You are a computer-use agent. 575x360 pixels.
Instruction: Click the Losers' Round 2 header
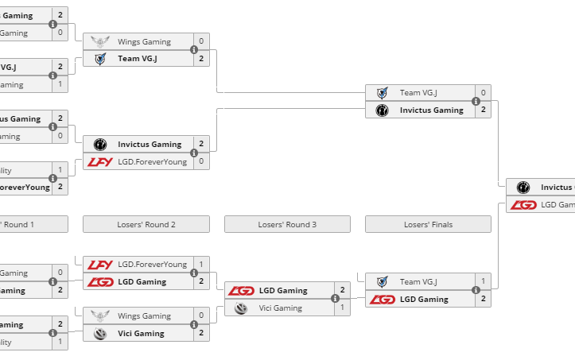(146, 224)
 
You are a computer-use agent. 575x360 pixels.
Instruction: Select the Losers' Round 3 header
(287, 224)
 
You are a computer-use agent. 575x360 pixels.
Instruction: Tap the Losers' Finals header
(428, 224)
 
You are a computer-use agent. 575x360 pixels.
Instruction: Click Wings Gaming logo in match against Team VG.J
(99, 41)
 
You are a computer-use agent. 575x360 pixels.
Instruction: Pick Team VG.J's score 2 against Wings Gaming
(201, 58)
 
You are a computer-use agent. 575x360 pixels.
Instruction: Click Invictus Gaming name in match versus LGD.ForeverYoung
(150, 144)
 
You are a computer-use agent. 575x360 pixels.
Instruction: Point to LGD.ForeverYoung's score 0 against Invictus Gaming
(201, 161)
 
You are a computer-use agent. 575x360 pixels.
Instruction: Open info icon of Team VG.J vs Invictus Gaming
(476, 101)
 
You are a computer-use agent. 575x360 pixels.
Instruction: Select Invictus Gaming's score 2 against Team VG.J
(483, 110)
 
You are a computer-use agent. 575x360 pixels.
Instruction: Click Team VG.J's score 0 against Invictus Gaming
(483, 92)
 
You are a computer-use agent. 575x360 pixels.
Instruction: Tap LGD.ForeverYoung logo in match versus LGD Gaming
(99, 264)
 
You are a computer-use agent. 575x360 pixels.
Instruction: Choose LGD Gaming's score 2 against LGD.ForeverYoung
(201, 281)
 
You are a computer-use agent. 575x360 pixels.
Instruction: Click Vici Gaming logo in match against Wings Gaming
(99, 333)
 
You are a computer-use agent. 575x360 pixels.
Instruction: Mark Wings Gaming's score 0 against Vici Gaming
(201, 315)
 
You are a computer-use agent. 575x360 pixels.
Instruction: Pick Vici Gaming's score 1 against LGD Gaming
(342, 308)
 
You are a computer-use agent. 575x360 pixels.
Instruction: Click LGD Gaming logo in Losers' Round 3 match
(241, 290)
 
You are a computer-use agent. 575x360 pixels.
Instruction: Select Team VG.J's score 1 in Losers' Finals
(483, 281)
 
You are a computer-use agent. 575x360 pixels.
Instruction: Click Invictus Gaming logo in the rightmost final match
(523, 187)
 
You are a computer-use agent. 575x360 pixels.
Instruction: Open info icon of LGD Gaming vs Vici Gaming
(335, 299)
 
